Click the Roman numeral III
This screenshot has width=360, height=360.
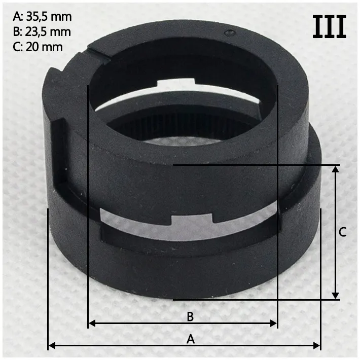coord(329,26)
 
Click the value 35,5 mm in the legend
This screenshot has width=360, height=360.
coord(49,17)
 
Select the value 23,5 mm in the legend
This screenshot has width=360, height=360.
coord(48,32)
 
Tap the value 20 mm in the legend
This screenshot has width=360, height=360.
coord(44,47)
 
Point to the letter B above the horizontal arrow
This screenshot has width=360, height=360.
coord(190,316)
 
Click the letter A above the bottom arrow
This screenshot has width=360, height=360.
coord(191,339)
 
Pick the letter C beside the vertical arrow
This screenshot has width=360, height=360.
coord(343,232)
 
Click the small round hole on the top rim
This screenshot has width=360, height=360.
coord(230,33)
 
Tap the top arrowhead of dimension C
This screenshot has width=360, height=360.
coord(336,169)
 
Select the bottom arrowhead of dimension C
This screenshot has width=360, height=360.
coord(336,296)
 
